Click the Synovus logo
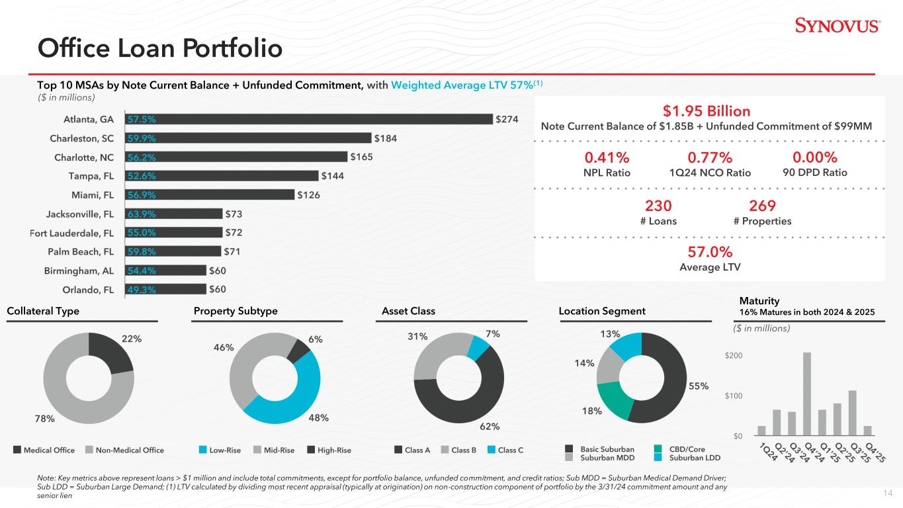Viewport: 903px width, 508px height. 837,26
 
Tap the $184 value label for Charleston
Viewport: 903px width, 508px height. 386,138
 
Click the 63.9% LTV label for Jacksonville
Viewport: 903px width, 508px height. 143,214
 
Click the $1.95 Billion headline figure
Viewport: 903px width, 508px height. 706,110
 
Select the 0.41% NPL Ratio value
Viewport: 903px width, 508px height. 606,157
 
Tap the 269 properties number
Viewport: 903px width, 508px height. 762,206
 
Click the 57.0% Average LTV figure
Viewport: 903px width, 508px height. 709,252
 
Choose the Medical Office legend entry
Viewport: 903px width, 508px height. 44,450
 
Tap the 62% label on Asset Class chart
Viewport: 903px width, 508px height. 490,427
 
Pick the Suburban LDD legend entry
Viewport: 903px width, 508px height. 691,457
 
